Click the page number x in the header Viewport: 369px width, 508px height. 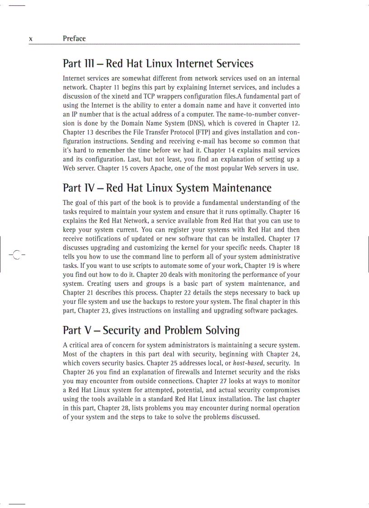coord(30,39)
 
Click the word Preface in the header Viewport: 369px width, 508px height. coord(74,38)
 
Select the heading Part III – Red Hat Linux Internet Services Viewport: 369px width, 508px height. coord(158,64)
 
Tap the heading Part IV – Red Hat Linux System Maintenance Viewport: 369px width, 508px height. coord(167,188)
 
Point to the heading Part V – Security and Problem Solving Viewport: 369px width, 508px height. coord(151,330)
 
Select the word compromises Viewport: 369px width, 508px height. coord(279,390)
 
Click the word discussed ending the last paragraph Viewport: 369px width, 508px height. coord(244,417)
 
